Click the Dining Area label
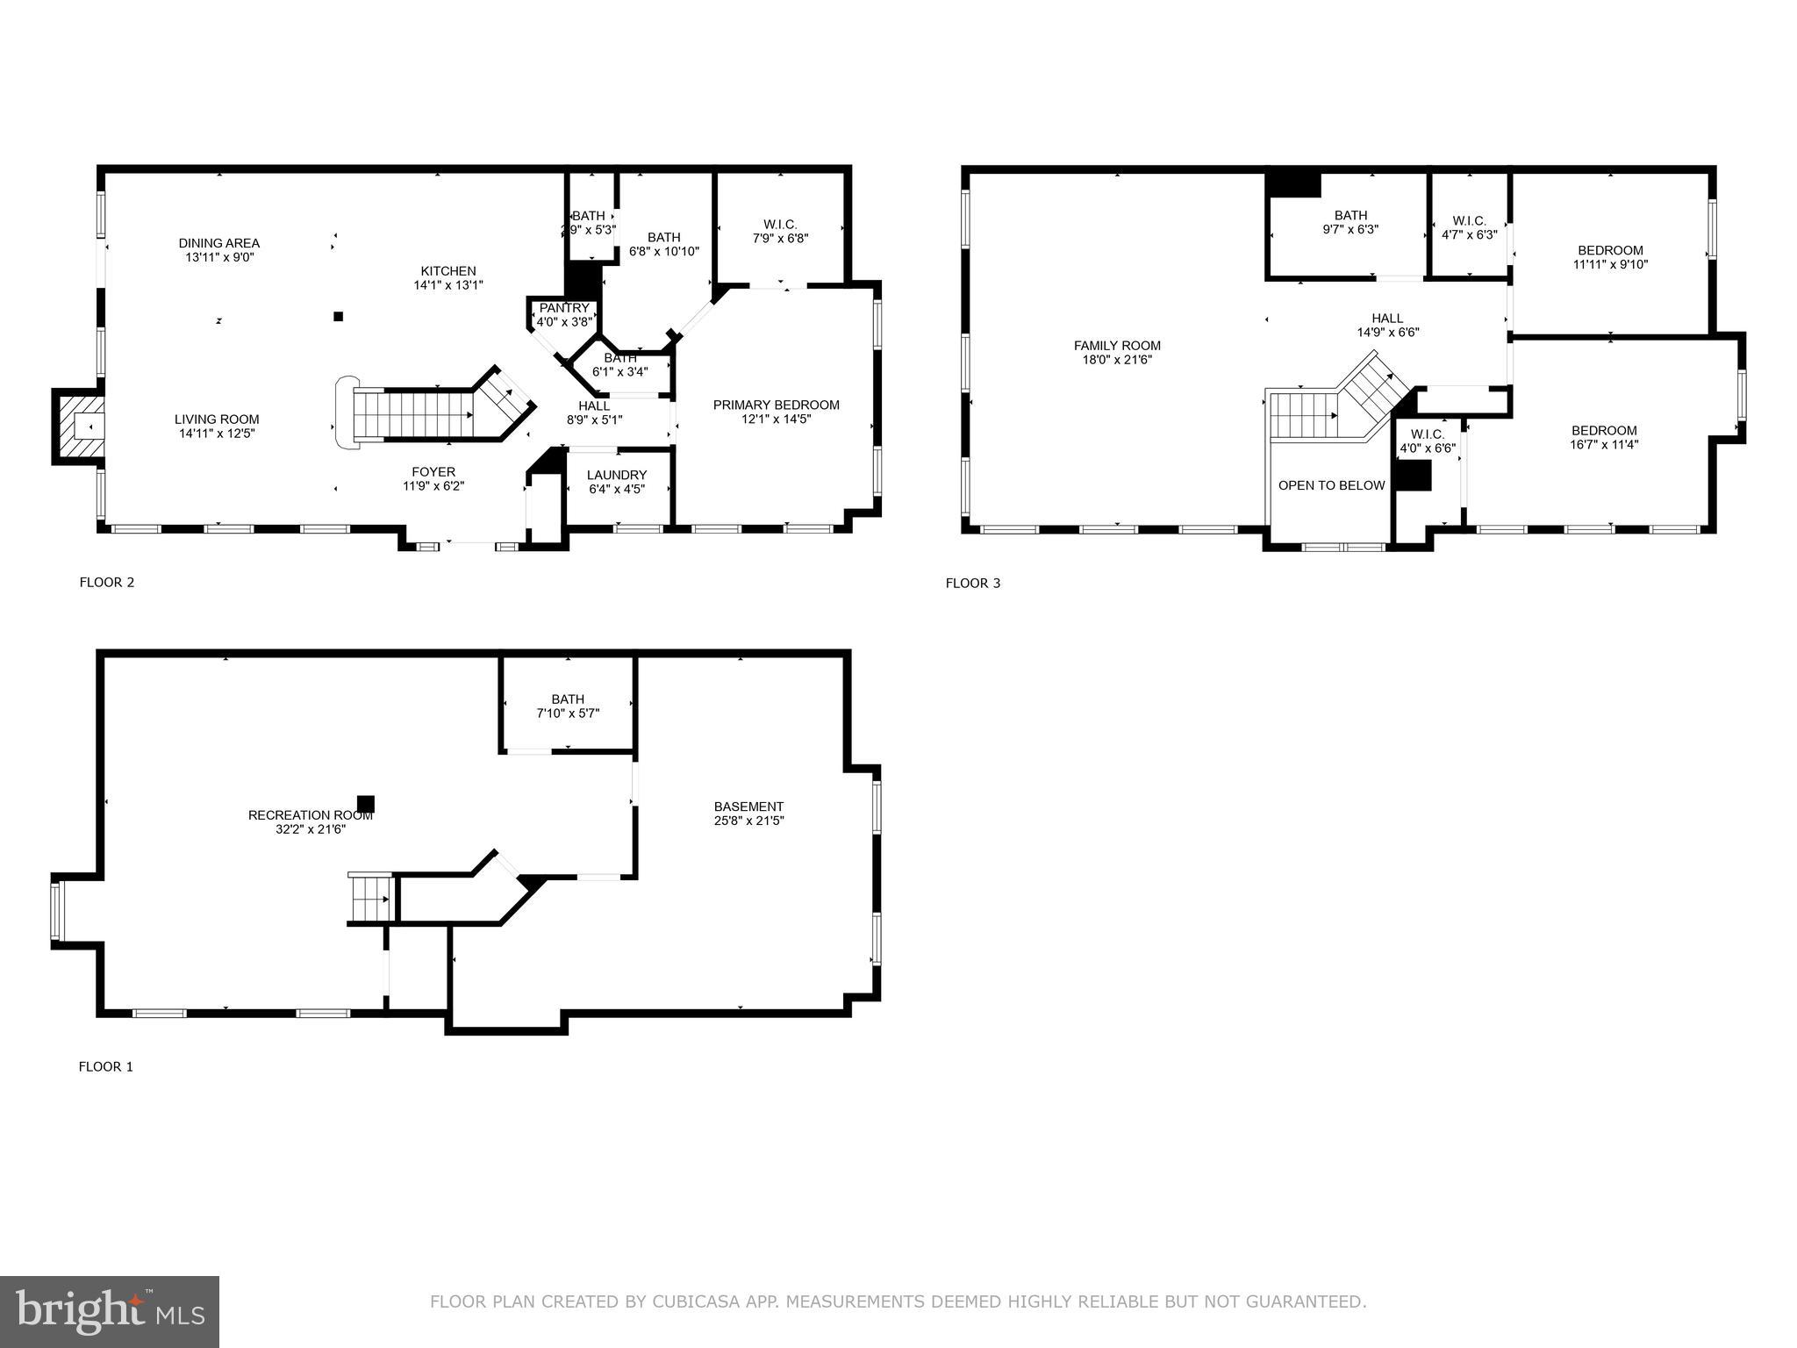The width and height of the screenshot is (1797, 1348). (x=219, y=243)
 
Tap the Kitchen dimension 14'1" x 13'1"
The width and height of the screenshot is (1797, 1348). (x=448, y=285)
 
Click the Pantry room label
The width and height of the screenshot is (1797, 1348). (x=564, y=308)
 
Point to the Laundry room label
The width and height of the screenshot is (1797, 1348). (x=617, y=475)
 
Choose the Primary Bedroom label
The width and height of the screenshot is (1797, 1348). (x=776, y=405)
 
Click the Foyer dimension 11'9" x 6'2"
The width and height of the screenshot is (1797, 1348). (x=433, y=485)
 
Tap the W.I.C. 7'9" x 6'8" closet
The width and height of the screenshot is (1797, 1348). (x=780, y=231)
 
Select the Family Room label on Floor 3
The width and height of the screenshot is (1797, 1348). (x=1117, y=346)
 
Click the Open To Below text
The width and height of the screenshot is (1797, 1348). (x=1331, y=485)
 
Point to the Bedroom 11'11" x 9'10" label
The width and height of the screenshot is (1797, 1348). (x=1610, y=250)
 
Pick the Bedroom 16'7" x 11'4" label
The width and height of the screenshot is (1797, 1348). (x=1604, y=430)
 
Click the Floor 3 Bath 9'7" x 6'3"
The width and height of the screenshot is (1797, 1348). (x=1350, y=222)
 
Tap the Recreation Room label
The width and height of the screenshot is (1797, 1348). (x=311, y=815)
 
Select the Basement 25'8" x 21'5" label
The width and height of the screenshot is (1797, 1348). (x=748, y=807)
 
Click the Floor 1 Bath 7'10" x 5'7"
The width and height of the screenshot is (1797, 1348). (x=568, y=706)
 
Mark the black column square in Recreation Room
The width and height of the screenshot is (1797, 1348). (x=366, y=803)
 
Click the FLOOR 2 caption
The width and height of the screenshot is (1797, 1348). (x=107, y=582)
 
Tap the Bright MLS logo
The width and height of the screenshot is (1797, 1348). (x=110, y=1310)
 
